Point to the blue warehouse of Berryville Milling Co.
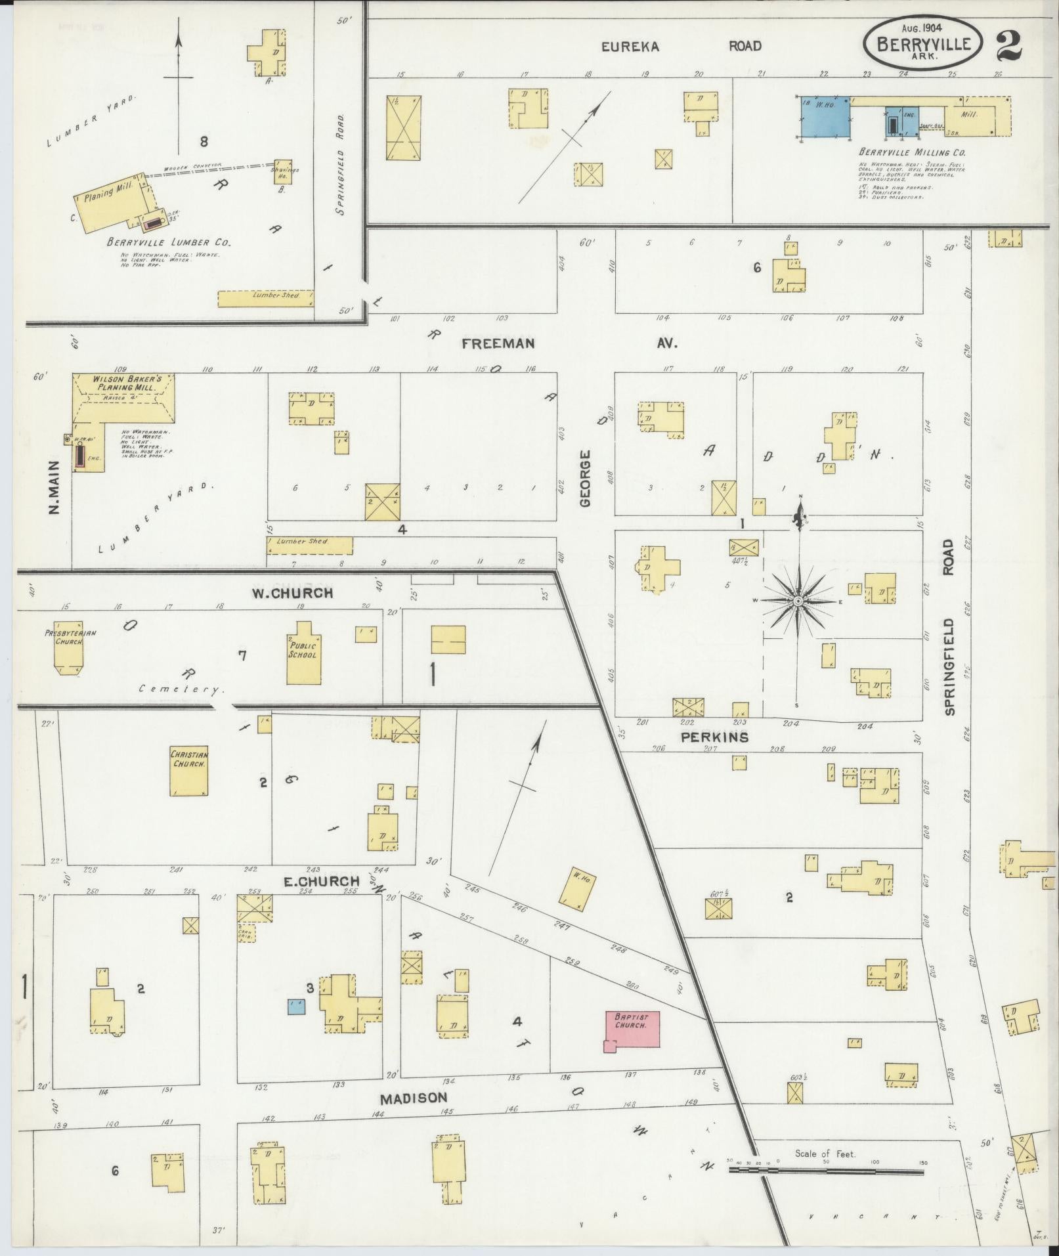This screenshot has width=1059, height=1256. point(825,118)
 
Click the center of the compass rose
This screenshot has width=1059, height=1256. point(798,601)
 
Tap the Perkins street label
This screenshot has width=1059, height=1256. point(714,737)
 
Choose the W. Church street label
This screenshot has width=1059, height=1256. point(293,593)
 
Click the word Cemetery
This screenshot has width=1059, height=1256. point(181,689)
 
